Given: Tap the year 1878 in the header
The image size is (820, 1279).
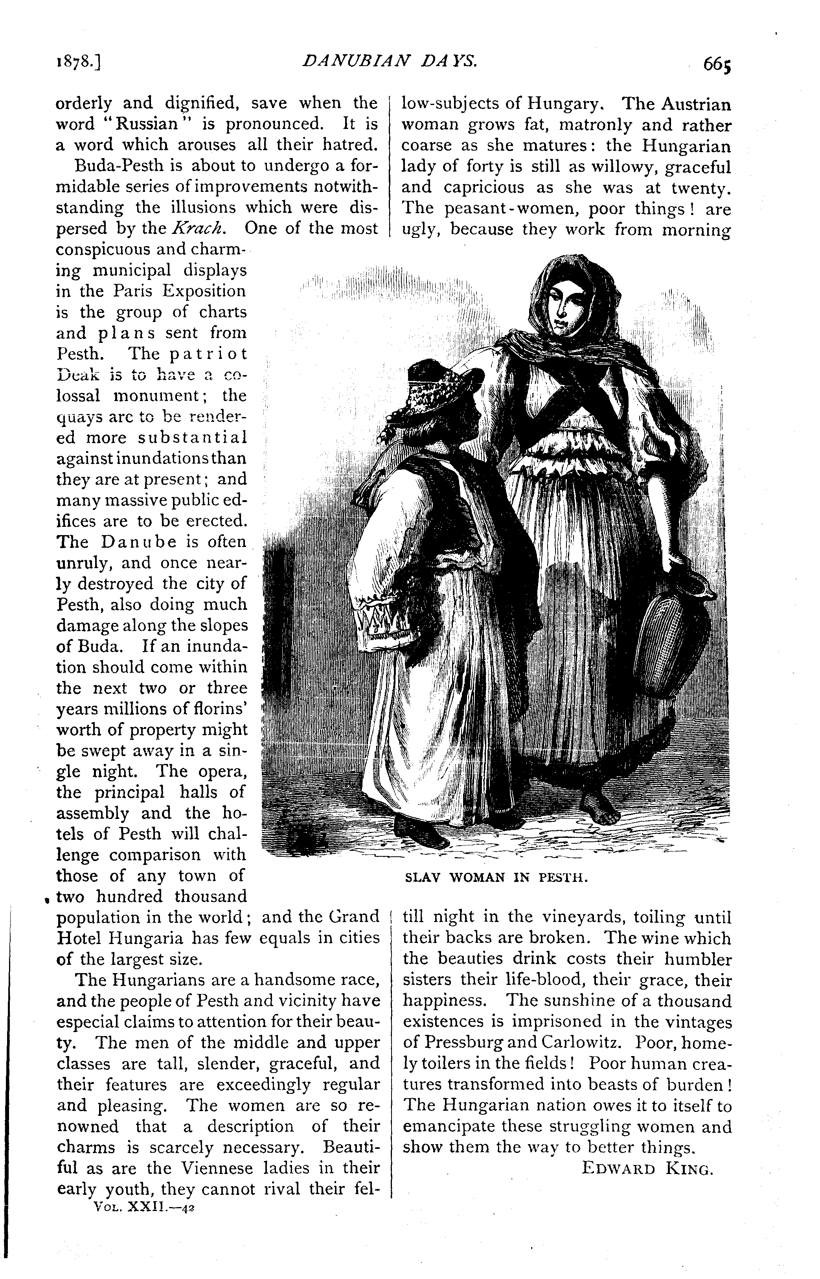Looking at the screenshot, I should [x=78, y=63].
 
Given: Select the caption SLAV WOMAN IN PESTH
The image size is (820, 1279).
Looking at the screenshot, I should [x=496, y=877].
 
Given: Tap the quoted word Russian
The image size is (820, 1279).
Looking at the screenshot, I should [x=146, y=124].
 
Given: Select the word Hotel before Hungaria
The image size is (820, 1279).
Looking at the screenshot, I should [x=78, y=938].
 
